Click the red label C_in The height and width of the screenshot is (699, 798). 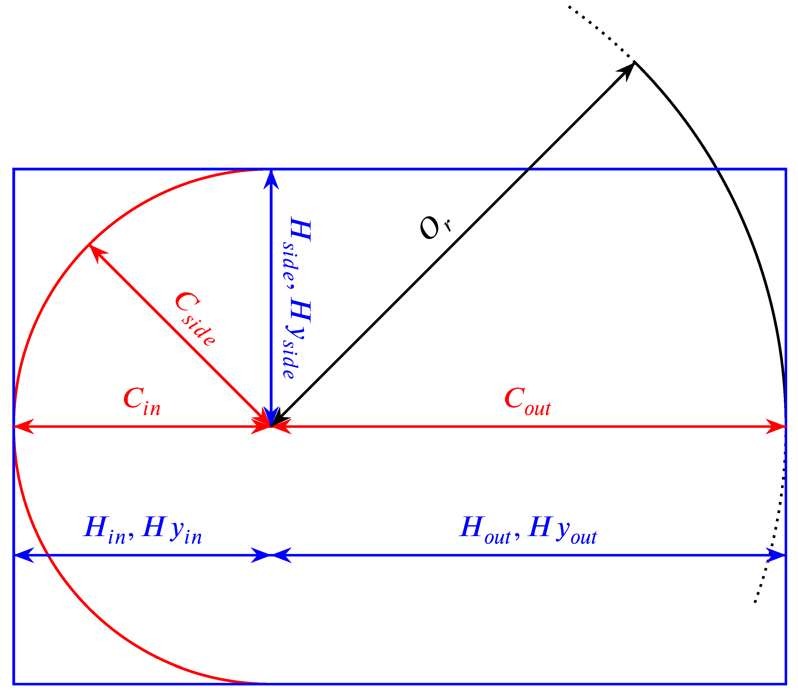[142, 402]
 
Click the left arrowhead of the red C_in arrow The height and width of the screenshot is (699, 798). [21, 427]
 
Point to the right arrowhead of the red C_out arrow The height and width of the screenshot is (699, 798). [778, 427]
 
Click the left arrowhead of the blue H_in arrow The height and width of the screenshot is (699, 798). [21, 555]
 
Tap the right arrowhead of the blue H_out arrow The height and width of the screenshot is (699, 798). [778, 555]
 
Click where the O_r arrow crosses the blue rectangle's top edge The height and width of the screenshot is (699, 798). [528, 169]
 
